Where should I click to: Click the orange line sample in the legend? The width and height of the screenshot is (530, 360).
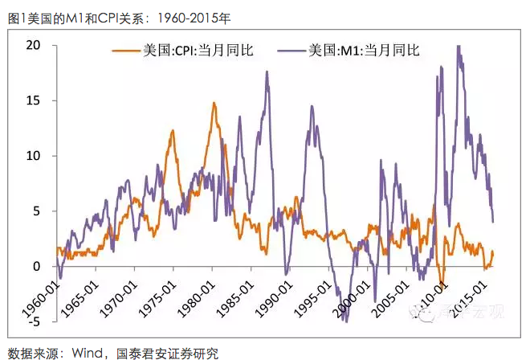click(124, 51)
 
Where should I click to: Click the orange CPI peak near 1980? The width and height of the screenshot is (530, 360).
click(214, 103)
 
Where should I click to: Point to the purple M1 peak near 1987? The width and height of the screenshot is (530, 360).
click(267, 72)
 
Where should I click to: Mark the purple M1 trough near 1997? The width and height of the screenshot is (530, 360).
click(346, 321)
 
